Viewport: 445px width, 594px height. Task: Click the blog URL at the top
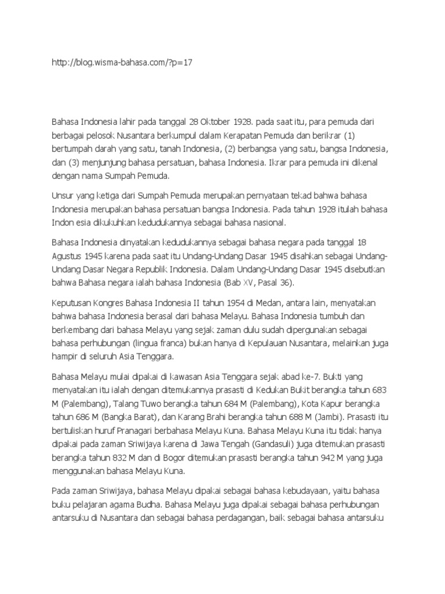(x=122, y=63)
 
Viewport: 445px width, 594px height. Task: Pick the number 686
(x=87, y=416)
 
